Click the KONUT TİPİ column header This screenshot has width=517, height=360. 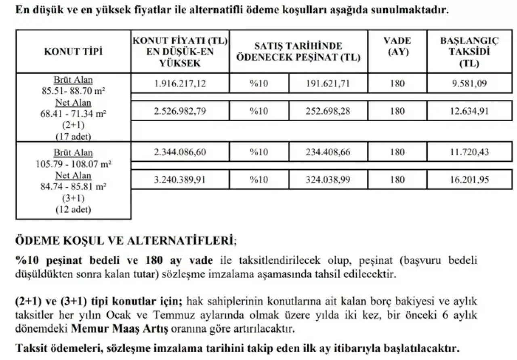(x=73, y=51)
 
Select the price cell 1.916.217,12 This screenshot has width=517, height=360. (x=180, y=84)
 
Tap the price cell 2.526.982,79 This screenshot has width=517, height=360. (x=180, y=111)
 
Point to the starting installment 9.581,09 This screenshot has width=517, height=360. (x=469, y=84)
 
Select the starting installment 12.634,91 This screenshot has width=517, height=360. (x=469, y=111)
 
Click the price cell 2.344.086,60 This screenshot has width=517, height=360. (x=180, y=152)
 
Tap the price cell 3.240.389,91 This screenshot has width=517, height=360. (x=180, y=179)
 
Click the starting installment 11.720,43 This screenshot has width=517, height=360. (x=469, y=152)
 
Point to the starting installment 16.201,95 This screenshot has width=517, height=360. (x=469, y=179)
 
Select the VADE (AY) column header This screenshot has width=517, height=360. (x=397, y=46)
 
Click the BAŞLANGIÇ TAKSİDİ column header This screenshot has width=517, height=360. (x=469, y=52)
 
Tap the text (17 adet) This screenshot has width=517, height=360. (x=73, y=136)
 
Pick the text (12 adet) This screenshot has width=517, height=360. (x=73, y=210)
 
